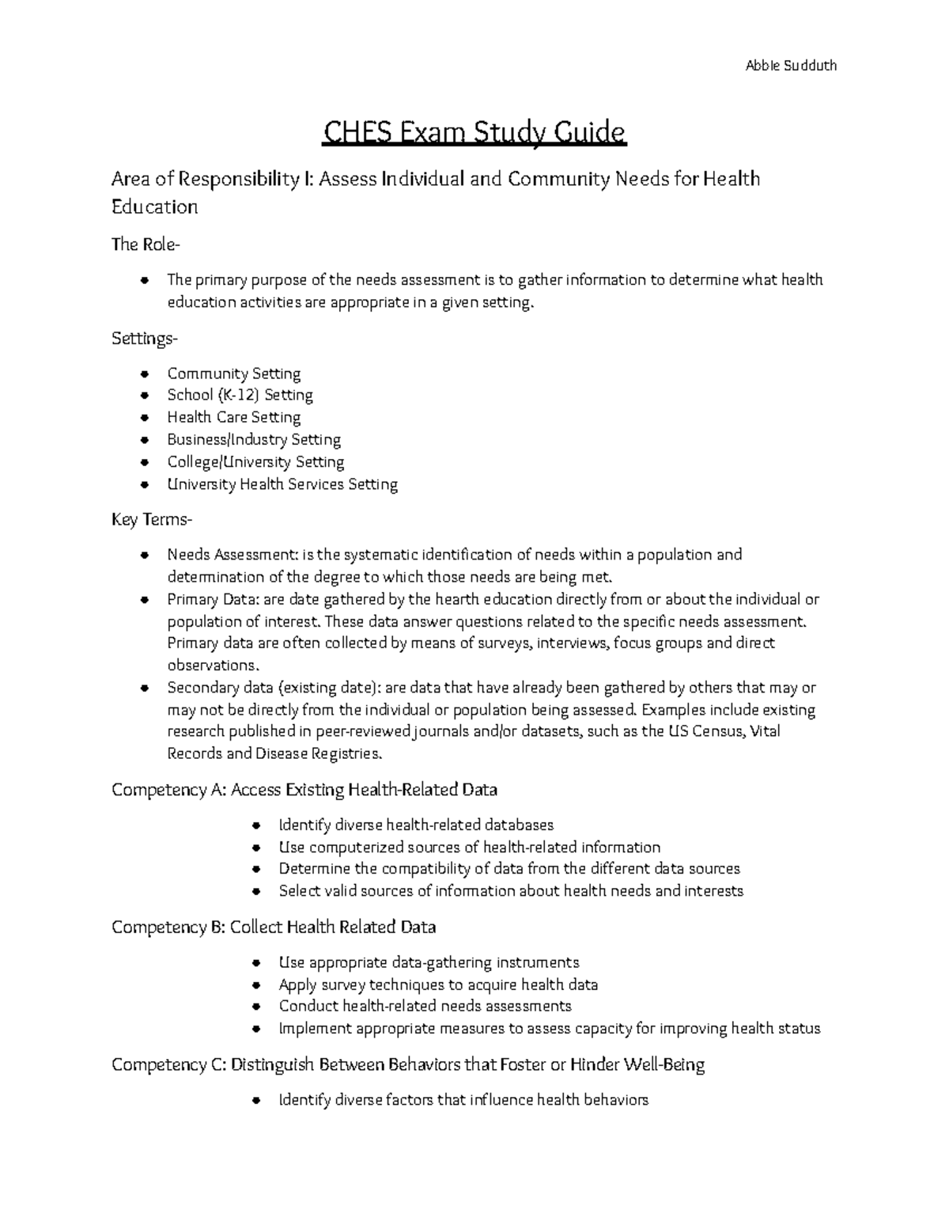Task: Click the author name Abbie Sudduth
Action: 790,65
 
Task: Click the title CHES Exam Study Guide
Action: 474,132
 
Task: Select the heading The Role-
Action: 146,245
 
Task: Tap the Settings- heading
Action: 145,339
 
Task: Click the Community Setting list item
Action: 233,374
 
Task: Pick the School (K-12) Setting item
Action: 240,395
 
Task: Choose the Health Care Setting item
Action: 233,417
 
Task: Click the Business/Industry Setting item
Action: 253,439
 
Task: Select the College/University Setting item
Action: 255,461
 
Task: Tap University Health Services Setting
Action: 282,484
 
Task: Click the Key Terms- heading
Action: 151,520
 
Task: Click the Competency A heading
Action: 304,789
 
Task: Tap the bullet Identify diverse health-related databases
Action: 416,825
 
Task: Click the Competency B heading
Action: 274,927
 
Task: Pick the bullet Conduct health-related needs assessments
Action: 425,1006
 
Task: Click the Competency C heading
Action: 407,1064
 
